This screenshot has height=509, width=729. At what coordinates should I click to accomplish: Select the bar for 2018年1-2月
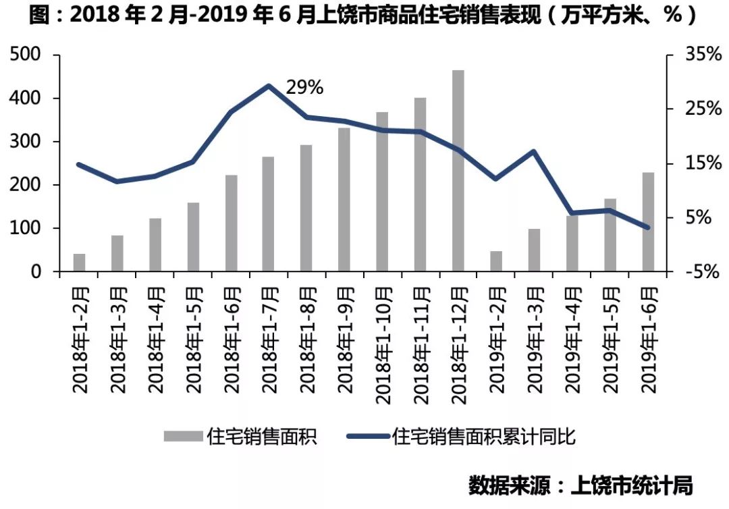pos(80,263)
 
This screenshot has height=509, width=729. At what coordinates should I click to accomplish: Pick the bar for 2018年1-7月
pos(269,215)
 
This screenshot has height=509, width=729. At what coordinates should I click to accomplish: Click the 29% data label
pos(304,88)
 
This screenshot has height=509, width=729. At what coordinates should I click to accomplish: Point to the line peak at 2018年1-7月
pos(269,86)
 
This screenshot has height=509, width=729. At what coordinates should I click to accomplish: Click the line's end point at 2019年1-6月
pos(648,227)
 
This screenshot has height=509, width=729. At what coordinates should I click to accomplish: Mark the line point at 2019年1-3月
pos(534,151)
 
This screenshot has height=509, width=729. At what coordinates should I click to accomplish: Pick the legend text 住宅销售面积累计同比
pos(483,437)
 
